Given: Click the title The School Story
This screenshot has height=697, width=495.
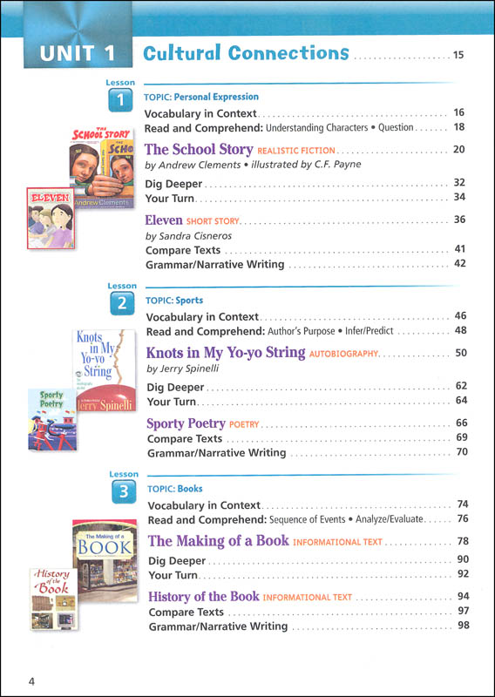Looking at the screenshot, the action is (x=199, y=149).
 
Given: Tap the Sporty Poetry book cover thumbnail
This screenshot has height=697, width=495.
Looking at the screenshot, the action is (x=52, y=419).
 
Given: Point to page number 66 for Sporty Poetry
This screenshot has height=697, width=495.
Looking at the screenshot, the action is (x=462, y=423).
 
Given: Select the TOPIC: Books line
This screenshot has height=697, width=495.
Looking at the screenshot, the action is (x=174, y=490).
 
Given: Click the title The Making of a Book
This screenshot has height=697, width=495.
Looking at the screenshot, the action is (x=218, y=541).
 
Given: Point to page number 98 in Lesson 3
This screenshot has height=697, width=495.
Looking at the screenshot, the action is (x=463, y=626).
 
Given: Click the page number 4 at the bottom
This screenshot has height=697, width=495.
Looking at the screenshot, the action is (x=31, y=680).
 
